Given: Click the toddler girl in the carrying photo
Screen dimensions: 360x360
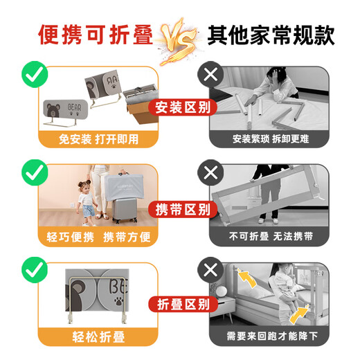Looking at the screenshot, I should [x=86, y=201].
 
